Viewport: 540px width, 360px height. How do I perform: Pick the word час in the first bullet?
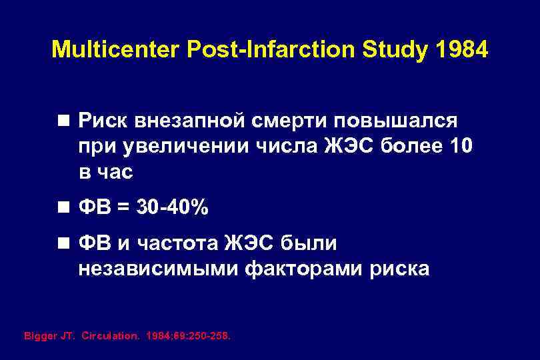[x=116, y=172]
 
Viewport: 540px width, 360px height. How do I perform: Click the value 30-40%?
[x=172, y=209]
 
